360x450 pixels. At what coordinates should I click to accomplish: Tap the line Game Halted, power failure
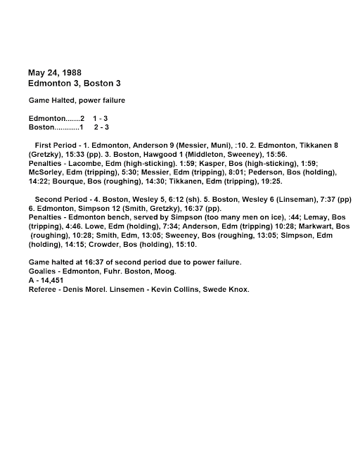77,101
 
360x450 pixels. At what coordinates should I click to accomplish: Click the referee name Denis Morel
82,290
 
